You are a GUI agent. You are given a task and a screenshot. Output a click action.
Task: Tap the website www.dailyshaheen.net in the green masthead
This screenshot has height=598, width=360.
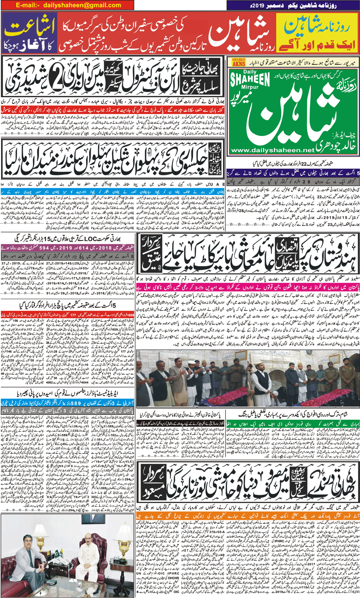point(272,150)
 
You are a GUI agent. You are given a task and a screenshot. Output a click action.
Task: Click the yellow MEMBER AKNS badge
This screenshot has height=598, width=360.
point(239,62)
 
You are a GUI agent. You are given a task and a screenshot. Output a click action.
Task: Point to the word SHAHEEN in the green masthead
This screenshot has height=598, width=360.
point(250,79)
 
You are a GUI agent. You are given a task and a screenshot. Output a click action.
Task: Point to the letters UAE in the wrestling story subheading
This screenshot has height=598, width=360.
point(218,184)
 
